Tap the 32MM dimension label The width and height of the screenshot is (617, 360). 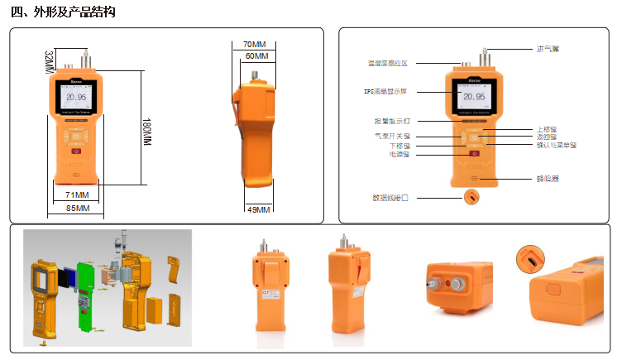tap(48, 60)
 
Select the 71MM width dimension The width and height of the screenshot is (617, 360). tap(78, 194)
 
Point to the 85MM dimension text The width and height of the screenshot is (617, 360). tap(77, 208)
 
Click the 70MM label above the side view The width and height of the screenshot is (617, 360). tap(254, 44)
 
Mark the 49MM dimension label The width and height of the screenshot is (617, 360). tap(259, 209)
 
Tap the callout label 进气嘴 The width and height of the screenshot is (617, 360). tap(548, 49)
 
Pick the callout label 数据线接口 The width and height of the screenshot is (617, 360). tap(391, 198)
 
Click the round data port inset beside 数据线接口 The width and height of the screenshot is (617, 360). tap(472, 198)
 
